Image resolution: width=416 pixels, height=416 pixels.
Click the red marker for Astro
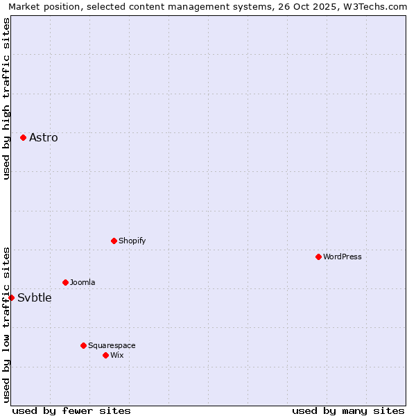click(23, 137)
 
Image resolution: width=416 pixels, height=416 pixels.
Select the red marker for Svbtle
click(11, 297)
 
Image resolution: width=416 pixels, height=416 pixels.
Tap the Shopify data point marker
click(114, 241)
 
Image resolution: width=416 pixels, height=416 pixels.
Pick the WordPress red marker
click(318, 257)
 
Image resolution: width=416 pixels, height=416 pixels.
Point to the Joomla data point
click(65, 282)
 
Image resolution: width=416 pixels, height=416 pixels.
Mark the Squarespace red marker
click(83, 345)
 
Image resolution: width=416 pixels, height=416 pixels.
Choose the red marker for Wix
click(105, 355)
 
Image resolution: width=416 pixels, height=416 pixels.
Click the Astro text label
click(44, 137)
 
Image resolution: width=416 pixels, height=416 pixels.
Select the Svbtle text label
click(35, 298)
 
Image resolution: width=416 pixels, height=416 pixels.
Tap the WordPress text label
click(343, 257)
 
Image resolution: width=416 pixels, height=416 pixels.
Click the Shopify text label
click(132, 241)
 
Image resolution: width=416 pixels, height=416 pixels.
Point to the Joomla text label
click(83, 282)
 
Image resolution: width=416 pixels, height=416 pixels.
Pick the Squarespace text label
click(112, 345)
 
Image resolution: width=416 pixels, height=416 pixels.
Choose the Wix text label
click(116, 355)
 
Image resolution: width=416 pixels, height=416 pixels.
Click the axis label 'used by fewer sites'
click(71, 410)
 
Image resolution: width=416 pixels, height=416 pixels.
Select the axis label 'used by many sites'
click(348, 410)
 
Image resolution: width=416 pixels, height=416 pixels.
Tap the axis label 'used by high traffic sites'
click(6, 98)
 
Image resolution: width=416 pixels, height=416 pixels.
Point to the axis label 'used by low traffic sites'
click(6, 324)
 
